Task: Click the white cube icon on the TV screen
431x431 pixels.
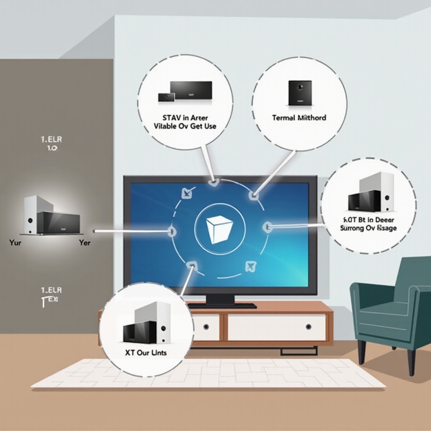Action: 219,229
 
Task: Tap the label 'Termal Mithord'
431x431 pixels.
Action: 299,118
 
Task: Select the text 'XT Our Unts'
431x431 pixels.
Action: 146,353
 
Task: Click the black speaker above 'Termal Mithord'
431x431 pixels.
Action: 300,93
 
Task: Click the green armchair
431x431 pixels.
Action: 391,307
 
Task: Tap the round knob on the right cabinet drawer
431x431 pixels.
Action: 309,327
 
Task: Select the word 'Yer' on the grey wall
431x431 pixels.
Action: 85,242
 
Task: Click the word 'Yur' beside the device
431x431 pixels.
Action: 15,242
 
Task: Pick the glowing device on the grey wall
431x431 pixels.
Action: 51,215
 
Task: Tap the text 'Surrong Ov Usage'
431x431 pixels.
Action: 368,228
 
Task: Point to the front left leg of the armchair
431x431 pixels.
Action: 362,352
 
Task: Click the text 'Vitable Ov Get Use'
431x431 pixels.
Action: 185,126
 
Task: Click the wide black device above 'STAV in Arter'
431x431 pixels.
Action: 191,90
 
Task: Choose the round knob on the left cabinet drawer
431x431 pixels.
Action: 206,327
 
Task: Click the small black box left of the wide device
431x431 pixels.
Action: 166,97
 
